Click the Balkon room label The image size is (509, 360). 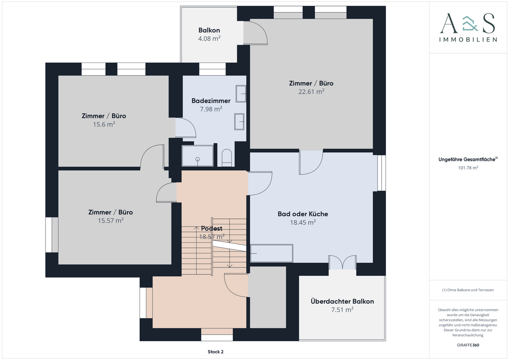coord(209,30)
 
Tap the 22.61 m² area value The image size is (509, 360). coord(311,92)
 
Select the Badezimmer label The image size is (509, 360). coord(211,101)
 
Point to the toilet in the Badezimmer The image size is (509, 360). coord(227,158)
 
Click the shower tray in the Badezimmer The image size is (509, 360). coord(198,156)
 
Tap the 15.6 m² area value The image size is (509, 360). coord(104,124)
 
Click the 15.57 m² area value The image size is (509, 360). coord(111,220)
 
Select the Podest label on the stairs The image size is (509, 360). coord(211,228)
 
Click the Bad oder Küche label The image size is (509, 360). coord(303,214)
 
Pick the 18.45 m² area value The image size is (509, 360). coord(303,222)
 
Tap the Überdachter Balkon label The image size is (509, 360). coord(342,301)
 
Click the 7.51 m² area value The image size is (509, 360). coord(342,310)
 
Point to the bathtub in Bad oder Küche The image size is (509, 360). coord(271,253)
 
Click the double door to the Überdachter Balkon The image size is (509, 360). coord(343,262)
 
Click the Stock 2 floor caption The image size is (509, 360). coord(215,352)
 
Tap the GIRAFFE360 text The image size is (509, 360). coord(468,345)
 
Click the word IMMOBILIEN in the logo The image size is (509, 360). coord(468,40)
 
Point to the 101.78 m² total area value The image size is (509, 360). coord(468,168)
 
